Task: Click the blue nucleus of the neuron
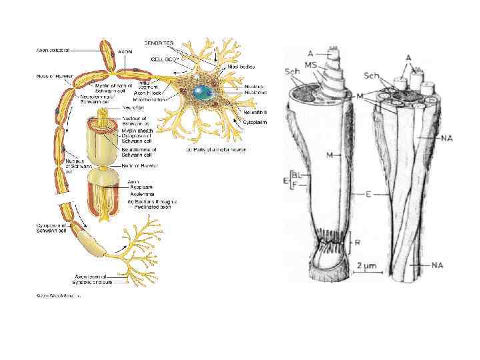click(x=201, y=91)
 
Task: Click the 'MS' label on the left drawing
click(x=311, y=63)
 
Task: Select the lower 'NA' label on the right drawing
click(x=437, y=265)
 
